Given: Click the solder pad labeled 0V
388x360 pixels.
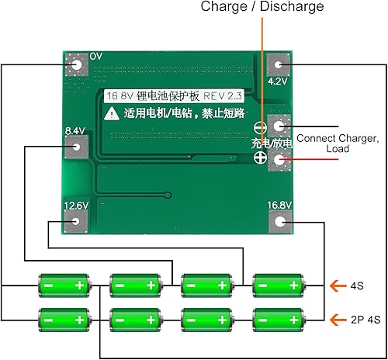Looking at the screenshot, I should [76, 66].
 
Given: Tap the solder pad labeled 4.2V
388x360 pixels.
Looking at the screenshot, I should [278, 67].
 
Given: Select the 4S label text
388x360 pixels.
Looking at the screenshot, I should [356, 286].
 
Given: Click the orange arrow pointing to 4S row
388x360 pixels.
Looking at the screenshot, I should [335, 286].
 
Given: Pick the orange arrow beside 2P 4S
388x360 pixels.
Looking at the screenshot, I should [335, 319].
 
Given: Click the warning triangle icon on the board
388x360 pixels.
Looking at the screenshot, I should [112, 112].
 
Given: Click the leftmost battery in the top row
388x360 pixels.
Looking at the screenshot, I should [63, 286].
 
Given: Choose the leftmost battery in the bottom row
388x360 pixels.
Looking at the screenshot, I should [63, 319].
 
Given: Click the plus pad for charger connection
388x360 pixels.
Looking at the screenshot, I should [279, 159].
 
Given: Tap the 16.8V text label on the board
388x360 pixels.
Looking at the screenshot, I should [279, 205].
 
